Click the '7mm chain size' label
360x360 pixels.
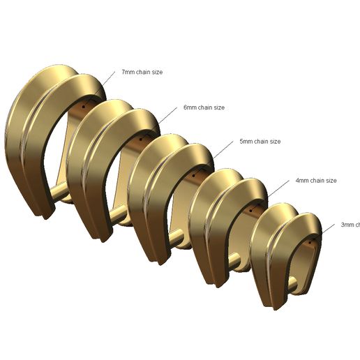[x=142, y=72]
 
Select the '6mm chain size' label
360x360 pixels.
[x=204, y=107]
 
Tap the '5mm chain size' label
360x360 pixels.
[x=260, y=142]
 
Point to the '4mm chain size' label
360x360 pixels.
[x=316, y=181]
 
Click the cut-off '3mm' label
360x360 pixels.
[x=350, y=225]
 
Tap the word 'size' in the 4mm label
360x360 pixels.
[x=331, y=181]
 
